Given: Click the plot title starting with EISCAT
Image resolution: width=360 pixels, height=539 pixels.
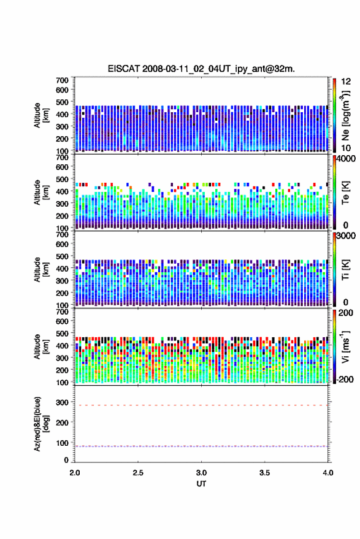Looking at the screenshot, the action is tap(201, 69).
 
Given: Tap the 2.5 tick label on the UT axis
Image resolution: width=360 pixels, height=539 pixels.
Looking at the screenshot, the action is tap(138, 473).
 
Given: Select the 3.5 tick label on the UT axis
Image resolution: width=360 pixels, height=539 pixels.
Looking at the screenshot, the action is tap(264, 473).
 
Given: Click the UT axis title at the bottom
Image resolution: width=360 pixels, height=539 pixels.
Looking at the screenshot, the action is tap(201, 484).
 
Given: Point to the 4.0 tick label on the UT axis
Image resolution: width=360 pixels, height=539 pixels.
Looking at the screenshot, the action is tap(327, 473).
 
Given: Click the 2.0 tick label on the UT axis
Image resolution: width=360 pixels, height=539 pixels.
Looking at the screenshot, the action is tap(75, 473).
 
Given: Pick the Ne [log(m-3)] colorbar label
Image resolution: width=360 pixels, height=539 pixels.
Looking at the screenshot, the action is tap(345, 115).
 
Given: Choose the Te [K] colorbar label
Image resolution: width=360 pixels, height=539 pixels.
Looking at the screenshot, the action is tap(345, 193).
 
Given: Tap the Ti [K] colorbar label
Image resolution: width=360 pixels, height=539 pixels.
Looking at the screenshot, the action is tap(345, 270).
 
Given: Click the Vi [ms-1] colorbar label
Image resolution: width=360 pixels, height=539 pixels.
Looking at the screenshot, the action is tap(345, 346).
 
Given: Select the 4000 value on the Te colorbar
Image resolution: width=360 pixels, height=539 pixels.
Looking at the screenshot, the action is tap(346, 159).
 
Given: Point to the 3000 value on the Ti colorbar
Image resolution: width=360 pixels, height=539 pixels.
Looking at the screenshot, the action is tap(346, 236).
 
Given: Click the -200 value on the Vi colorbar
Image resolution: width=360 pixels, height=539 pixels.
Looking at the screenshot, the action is tap(344, 379).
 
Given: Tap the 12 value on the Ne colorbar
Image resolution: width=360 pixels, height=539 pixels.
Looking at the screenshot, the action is tap(346, 82).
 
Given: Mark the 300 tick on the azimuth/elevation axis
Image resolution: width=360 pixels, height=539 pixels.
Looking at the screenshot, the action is tap(62, 402).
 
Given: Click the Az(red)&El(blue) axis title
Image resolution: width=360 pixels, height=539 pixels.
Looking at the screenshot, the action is tap(41, 424).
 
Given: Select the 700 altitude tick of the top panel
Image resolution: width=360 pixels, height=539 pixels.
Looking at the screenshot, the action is tap(62, 80).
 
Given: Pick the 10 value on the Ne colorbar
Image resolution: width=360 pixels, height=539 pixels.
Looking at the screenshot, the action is tap(346, 148).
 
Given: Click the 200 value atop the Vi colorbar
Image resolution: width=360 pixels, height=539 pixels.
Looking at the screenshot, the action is tap(345, 313).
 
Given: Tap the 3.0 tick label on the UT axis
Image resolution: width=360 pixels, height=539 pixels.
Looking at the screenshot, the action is tap(201, 473).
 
